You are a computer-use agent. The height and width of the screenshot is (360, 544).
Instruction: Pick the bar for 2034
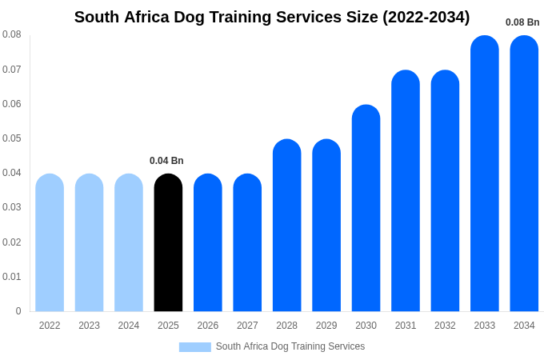tap(524, 174)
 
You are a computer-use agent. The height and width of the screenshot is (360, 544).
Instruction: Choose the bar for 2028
tap(286, 226)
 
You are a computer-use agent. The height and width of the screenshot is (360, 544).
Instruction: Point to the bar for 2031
tap(406, 191)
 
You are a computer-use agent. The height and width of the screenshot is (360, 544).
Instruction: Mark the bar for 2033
tap(484, 174)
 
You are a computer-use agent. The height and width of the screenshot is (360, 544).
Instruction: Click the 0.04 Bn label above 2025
tap(166, 161)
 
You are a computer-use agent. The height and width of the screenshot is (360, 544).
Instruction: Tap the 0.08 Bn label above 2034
tap(522, 22)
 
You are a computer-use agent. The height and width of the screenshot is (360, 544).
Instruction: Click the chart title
tap(272, 17)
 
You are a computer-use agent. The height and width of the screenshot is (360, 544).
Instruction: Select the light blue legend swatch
tap(194, 347)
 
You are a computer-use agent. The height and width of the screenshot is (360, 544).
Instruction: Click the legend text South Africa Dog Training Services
tap(290, 346)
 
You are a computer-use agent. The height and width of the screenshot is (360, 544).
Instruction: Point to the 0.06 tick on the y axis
tap(12, 104)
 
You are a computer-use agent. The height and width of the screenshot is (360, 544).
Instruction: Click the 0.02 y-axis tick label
tap(12, 242)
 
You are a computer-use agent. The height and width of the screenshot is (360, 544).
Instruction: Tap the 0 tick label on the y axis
tap(18, 311)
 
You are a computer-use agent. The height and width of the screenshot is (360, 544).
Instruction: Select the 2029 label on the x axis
tap(326, 326)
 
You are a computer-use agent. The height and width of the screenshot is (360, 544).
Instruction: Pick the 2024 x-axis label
tap(129, 326)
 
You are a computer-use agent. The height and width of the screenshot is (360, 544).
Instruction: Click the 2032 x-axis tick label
tap(445, 326)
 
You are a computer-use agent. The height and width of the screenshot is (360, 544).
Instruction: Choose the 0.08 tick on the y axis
tap(12, 34)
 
